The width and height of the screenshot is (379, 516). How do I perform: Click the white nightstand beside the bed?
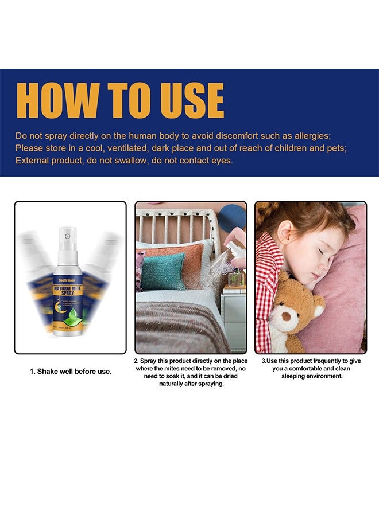(x=234, y=315)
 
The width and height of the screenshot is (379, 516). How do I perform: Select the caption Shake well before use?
(x=71, y=372)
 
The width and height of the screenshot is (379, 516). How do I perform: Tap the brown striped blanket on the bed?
(x=178, y=330)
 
